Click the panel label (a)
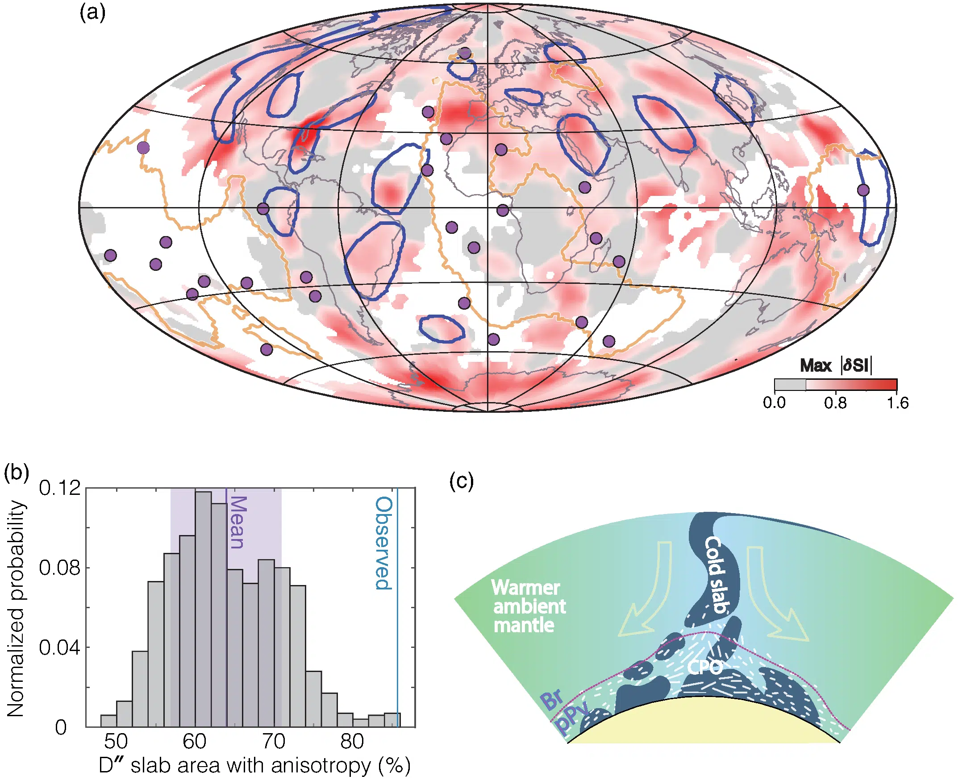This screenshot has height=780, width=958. click(92, 12)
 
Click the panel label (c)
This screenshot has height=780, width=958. click(462, 482)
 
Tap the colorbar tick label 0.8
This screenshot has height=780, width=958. click(835, 403)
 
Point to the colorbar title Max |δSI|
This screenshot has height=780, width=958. click(836, 365)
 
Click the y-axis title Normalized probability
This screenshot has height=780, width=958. click(16, 609)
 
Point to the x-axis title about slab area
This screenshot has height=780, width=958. click(254, 766)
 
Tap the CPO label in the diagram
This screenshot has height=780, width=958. click(704, 667)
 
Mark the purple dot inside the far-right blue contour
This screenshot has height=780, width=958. click(863, 190)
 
